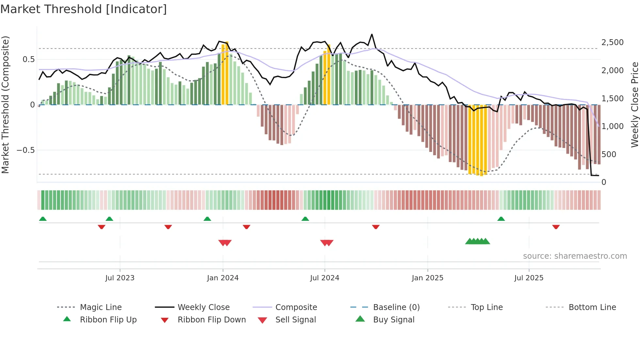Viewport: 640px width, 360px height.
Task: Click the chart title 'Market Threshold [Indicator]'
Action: [x=84, y=9]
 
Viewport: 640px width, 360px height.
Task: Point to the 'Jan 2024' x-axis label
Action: [x=223, y=278]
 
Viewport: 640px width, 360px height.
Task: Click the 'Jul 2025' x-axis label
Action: [x=529, y=278]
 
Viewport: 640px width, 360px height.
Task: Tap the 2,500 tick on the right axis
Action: [x=612, y=42]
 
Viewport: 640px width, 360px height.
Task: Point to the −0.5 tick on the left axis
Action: [x=26, y=150]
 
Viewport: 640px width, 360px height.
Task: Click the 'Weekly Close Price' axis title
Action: [x=634, y=105]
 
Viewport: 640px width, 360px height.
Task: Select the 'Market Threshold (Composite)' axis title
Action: [x=5, y=105]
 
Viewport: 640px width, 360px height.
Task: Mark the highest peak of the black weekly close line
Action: [x=372, y=34]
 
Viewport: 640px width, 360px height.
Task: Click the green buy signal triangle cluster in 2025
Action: [x=477, y=241]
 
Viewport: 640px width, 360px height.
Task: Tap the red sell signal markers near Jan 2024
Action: [x=225, y=243]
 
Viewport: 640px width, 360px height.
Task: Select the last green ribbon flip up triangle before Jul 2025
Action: [x=501, y=219]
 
